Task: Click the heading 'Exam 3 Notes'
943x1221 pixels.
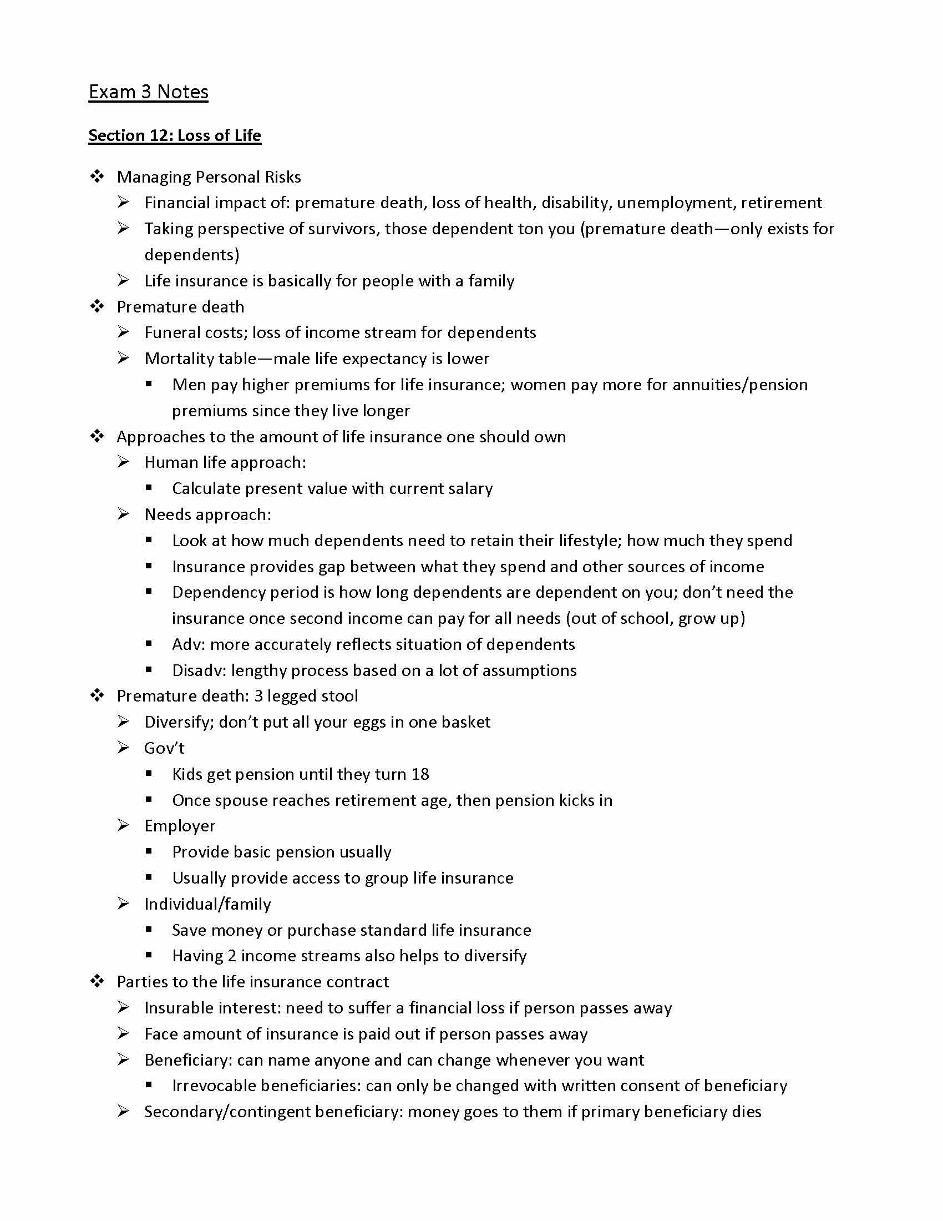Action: (x=148, y=92)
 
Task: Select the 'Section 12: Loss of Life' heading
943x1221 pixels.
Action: (x=174, y=135)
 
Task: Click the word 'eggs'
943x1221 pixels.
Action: (x=370, y=722)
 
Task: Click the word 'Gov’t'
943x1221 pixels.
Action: (x=164, y=748)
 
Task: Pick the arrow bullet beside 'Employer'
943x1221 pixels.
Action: (x=124, y=826)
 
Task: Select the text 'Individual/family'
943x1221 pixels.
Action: (x=207, y=904)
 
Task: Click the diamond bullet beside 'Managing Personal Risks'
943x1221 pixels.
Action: (x=97, y=176)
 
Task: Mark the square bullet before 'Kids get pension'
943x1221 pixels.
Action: (x=149, y=774)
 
